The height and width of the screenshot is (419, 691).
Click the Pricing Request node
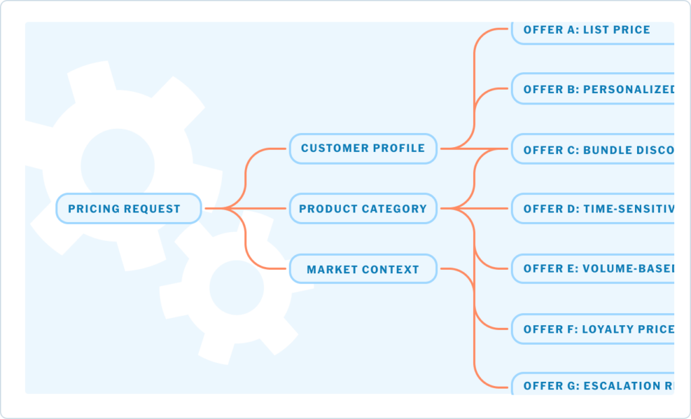(x=128, y=209)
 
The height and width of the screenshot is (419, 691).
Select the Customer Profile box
(x=363, y=148)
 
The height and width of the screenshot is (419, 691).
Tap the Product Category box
(x=363, y=209)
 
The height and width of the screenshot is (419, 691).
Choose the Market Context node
(x=363, y=269)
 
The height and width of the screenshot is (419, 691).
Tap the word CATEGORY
(x=395, y=209)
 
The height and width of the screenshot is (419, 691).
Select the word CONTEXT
(x=392, y=270)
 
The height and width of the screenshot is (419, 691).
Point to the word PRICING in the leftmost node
(x=94, y=209)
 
